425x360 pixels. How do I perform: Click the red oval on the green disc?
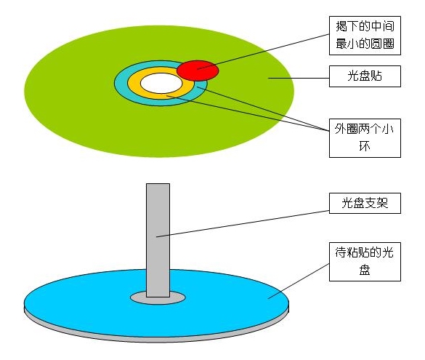coord(198,71)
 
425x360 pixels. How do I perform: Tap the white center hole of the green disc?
coord(161,84)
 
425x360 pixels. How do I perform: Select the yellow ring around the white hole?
coord(134,83)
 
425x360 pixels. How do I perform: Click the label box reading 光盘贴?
coord(365,76)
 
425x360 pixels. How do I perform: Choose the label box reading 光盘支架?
coord(365,203)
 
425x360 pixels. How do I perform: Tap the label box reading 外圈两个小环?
coord(365,138)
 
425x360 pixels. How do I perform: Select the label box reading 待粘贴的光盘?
coord(365,262)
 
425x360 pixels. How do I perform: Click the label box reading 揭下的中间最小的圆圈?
coord(365,36)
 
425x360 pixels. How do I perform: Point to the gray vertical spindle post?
coord(158,240)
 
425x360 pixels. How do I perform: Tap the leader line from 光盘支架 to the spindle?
coord(243,224)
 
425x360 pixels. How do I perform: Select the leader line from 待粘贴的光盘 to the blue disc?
coord(299,281)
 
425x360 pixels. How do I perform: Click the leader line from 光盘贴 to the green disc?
coord(299,78)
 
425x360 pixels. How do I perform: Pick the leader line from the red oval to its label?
coord(263,52)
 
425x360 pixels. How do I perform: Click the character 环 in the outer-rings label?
coord(365,147)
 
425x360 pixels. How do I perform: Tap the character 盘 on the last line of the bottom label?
coord(365,271)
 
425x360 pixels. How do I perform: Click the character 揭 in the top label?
coord(341,27)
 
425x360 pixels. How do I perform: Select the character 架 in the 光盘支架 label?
coord(382,203)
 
